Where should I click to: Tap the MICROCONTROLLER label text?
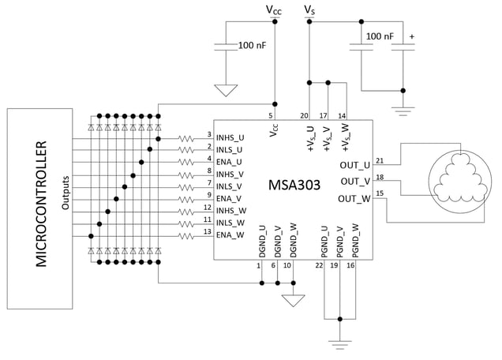42,204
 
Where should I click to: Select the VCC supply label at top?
273,10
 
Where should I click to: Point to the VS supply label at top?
309,9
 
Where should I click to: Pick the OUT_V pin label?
354,181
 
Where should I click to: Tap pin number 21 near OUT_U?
380,160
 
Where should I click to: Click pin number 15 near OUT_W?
380,193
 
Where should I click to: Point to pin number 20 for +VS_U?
304,115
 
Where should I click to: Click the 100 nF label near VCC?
253,46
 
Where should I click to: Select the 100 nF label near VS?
379,36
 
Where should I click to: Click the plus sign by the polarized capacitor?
412,36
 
